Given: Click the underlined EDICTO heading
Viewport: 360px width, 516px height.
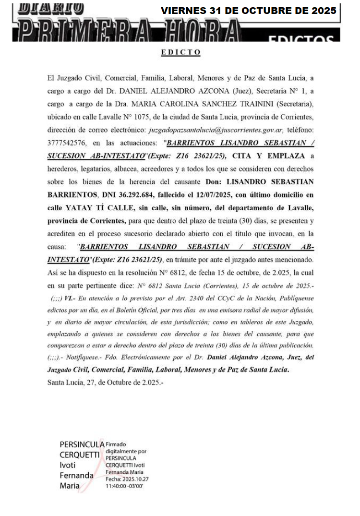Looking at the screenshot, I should pyautogui.click(x=180, y=52).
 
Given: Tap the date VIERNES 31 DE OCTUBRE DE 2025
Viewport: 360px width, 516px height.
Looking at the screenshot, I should pyautogui.click(x=249, y=11).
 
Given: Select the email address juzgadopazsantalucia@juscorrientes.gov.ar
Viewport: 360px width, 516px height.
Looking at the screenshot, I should pyautogui.click(x=216, y=130).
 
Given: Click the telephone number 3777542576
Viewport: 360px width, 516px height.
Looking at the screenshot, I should pyautogui.click(x=66, y=143).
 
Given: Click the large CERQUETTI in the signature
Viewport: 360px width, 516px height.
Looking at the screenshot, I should pyautogui.click(x=80, y=455).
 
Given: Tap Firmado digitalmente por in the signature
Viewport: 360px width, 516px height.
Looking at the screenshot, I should pyautogui.click(x=126, y=448).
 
